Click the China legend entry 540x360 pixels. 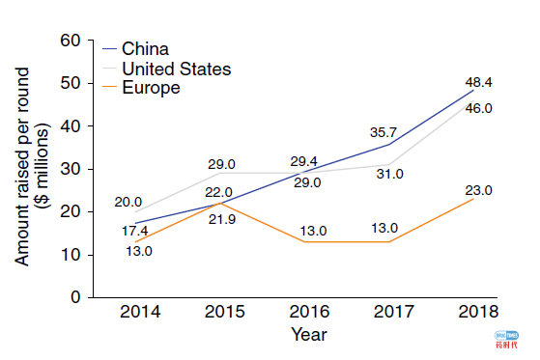coord(145,49)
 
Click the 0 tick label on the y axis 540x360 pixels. coord(73,297)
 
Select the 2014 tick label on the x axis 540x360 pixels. coord(140,313)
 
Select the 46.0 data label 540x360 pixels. coord(479,108)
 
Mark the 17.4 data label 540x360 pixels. coord(136,233)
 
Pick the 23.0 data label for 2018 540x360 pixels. coord(478,190)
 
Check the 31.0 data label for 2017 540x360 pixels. coord(389,174)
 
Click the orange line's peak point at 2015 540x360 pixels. coord(224,203)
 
